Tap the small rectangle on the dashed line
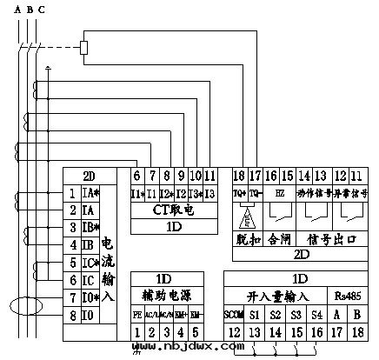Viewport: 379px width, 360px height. pos(84,45)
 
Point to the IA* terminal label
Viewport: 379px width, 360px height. pos(91,194)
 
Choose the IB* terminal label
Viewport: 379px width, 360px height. pos(91,228)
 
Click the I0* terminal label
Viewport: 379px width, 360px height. pos(91,297)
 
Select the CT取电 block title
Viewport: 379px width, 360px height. pos(173,209)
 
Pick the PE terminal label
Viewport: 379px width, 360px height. pos(137,312)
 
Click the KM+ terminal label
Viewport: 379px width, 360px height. pos(180,312)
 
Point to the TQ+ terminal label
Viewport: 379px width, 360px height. pos(241,191)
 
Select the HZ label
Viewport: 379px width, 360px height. pos(279,191)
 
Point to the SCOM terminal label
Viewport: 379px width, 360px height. pos(233,312)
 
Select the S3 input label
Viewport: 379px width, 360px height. pos(297,312)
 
